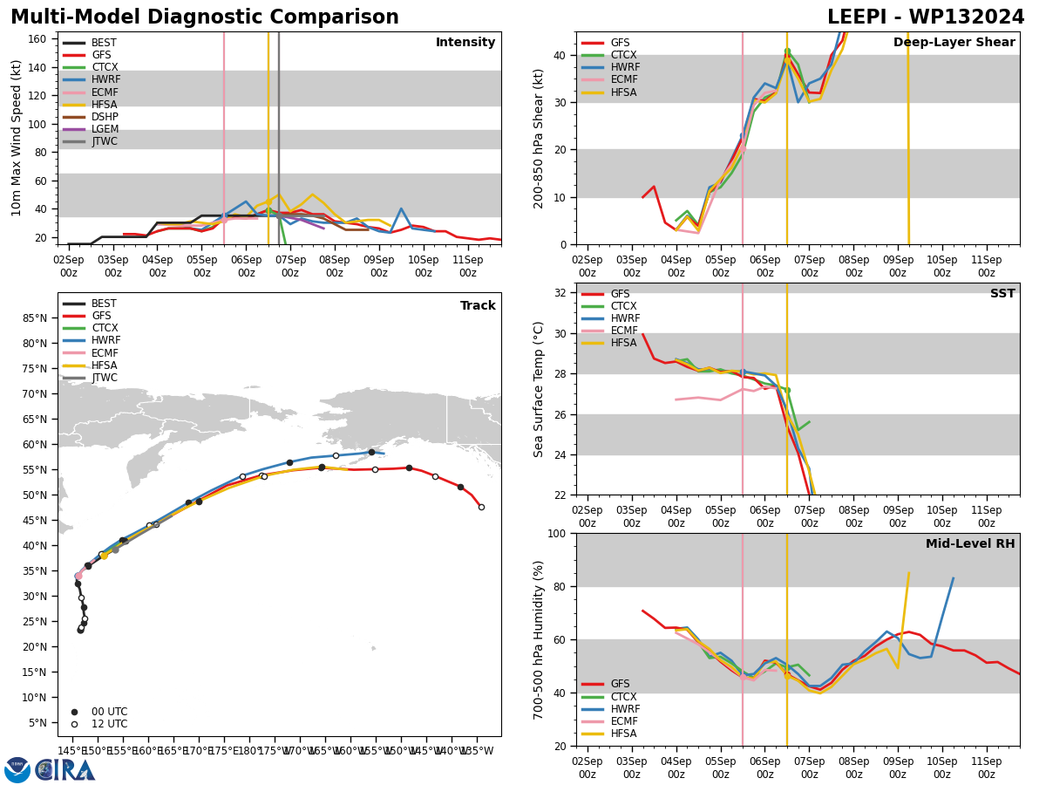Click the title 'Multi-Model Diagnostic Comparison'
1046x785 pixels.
pyautogui.click(x=205, y=17)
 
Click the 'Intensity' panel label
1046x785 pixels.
pyautogui.click(x=465, y=43)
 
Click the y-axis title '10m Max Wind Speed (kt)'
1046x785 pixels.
pyautogui.click(x=17, y=138)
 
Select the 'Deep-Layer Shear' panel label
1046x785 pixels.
pyautogui.click(x=954, y=43)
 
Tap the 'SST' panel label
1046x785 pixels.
pyautogui.click(x=1002, y=294)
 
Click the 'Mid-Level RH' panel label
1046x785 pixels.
pyautogui.click(x=970, y=544)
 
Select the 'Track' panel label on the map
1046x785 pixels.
pyautogui.click(x=478, y=306)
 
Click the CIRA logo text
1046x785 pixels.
pyautogui.click(x=65, y=769)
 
